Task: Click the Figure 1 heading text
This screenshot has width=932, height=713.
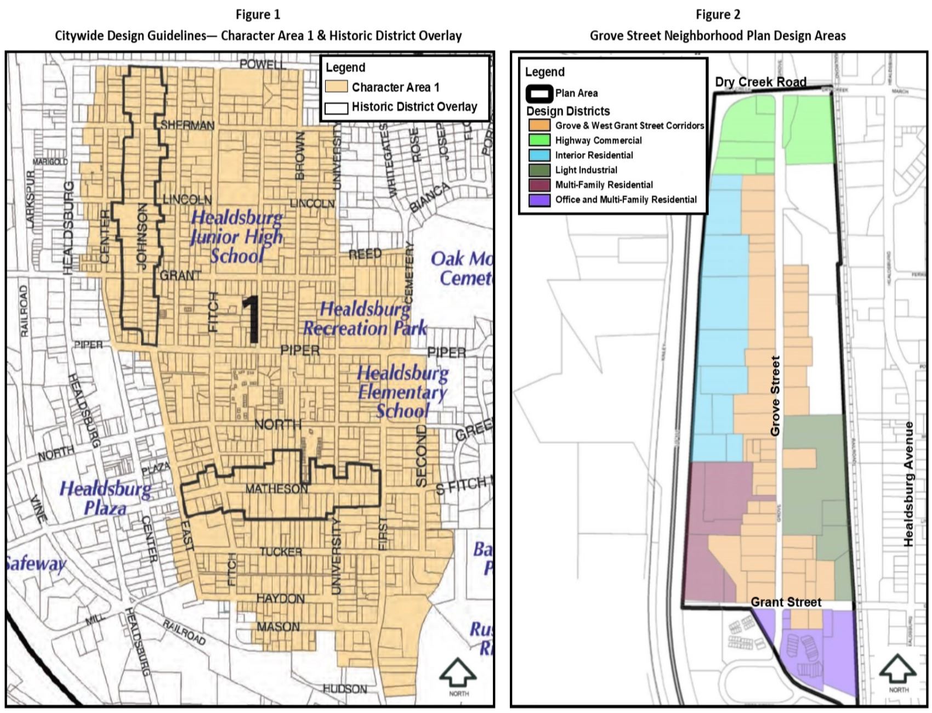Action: tap(258, 14)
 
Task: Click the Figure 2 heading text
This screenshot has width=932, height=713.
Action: tap(717, 14)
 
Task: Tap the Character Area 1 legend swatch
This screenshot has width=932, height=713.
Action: tap(336, 87)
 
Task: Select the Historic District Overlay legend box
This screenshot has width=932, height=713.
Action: tap(336, 107)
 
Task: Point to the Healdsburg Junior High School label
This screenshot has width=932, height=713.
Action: tap(237, 236)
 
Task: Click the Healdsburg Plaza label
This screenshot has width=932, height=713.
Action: tap(105, 498)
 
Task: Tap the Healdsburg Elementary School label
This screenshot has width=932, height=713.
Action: tap(403, 392)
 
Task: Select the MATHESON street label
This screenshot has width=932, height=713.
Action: tap(276, 489)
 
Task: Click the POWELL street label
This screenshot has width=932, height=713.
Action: tap(263, 64)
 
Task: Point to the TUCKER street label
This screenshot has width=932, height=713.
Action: tap(281, 552)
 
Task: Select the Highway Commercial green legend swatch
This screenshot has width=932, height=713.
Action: tap(539, 140)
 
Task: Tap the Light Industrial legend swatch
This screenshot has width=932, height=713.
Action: tap(539, 170)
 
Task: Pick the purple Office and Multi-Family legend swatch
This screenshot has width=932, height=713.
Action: tap(539, 200)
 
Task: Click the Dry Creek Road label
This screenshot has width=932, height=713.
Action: tap(760, 82)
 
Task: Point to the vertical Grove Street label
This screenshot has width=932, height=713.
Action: tap(775, 396)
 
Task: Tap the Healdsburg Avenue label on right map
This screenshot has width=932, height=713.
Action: tap(908, 484)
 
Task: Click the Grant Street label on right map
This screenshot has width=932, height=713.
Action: tap(786, 602)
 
